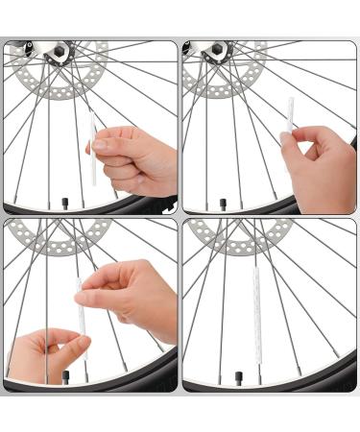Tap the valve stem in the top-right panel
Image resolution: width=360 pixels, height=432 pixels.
click(224, 203)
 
